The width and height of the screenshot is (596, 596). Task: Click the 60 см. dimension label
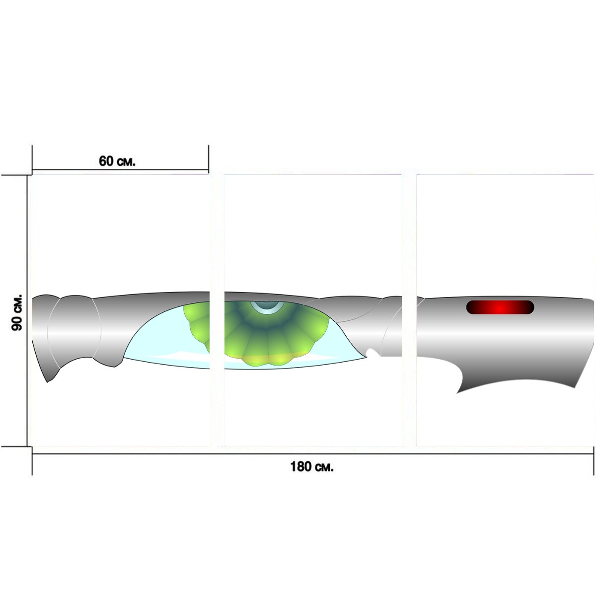point(117,161)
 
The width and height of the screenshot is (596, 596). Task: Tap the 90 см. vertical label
point(17,312)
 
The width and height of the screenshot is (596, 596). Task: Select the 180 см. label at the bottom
point(312,466)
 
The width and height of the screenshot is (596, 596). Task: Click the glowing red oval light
point(500,307)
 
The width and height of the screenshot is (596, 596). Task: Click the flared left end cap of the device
point(46,338)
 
